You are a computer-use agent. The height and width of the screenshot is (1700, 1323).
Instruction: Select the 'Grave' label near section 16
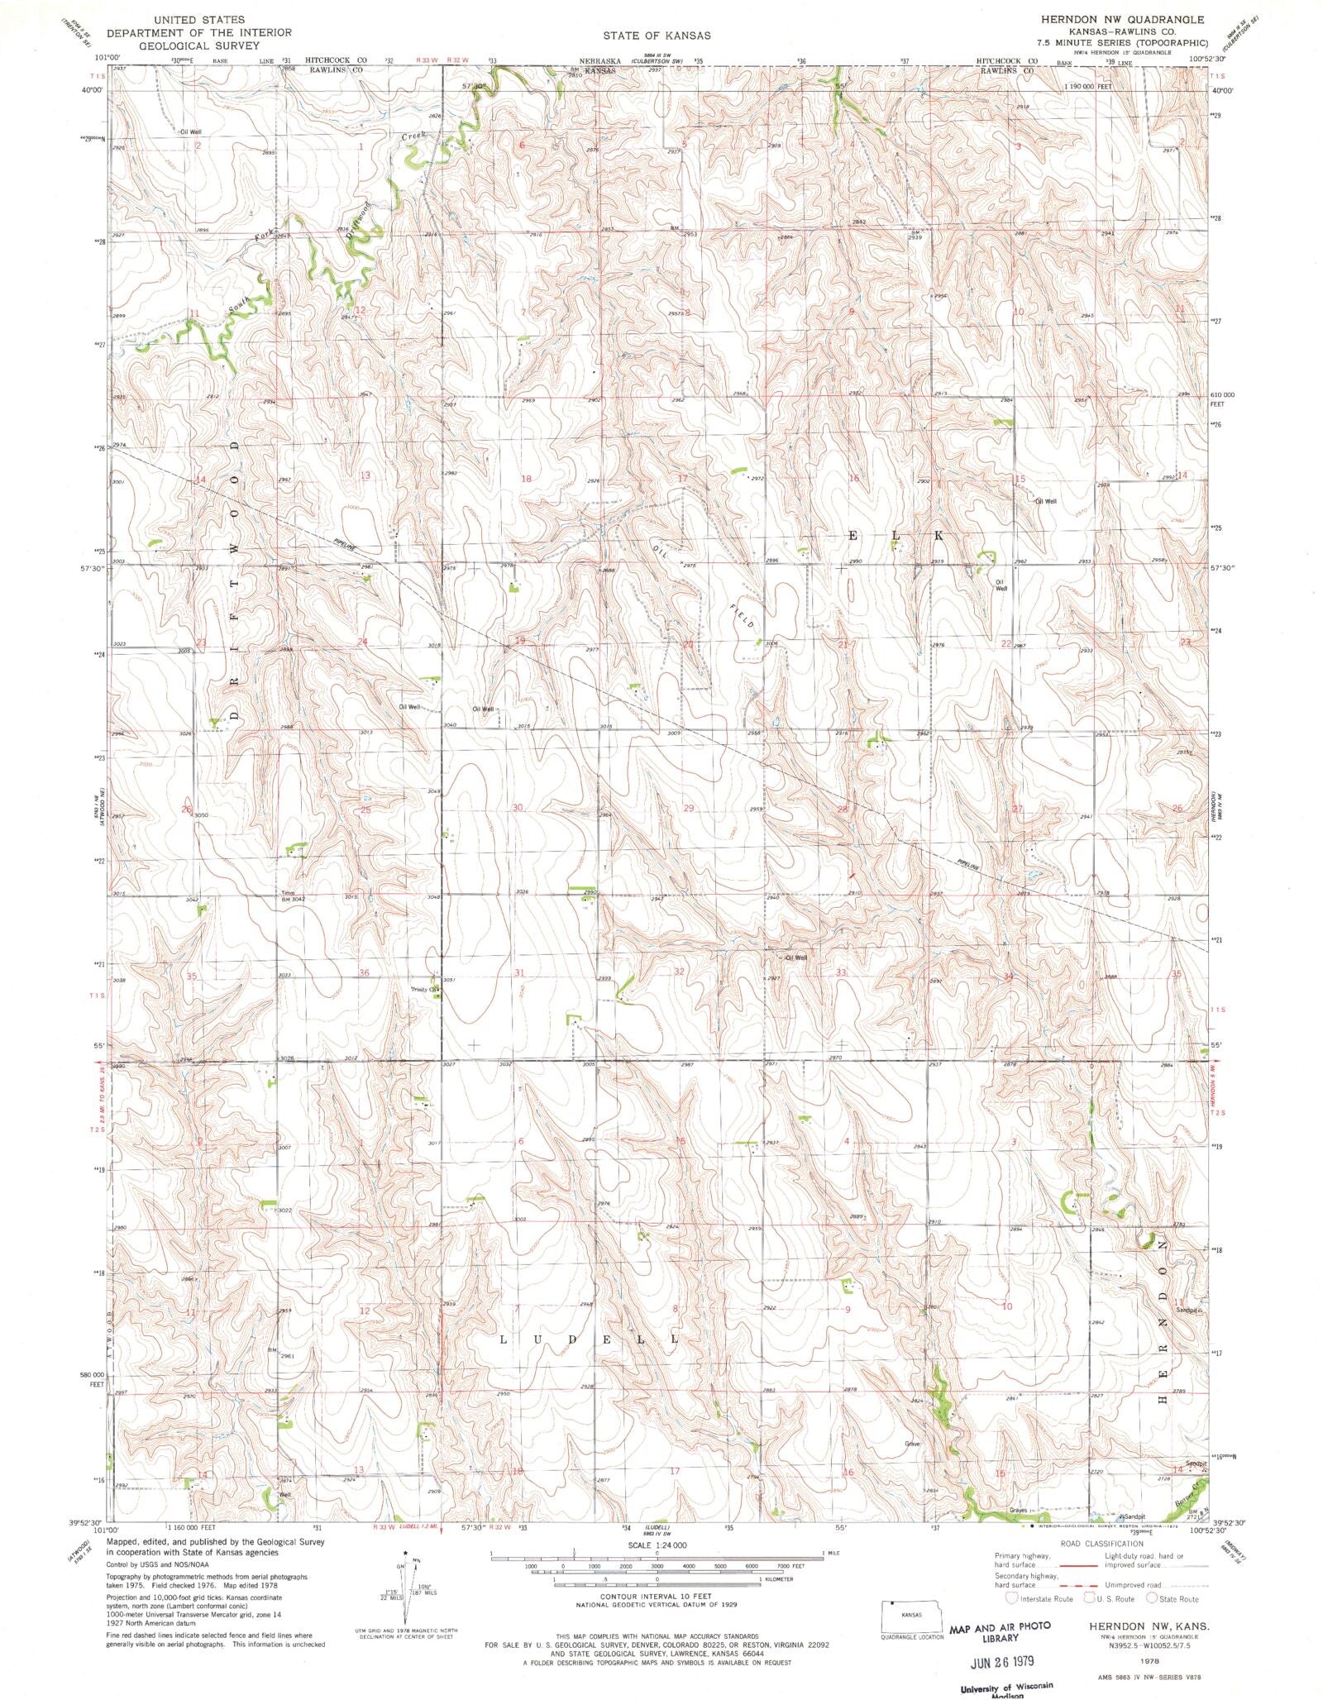click(x=912, y=1444)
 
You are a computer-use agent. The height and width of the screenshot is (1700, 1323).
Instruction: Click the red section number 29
click(x=688, y=808)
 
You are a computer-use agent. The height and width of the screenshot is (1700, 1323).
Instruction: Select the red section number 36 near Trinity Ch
click(x=365, y=973)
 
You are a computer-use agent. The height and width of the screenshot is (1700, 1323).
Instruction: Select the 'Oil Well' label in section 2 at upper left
click(x=191, y=131)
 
